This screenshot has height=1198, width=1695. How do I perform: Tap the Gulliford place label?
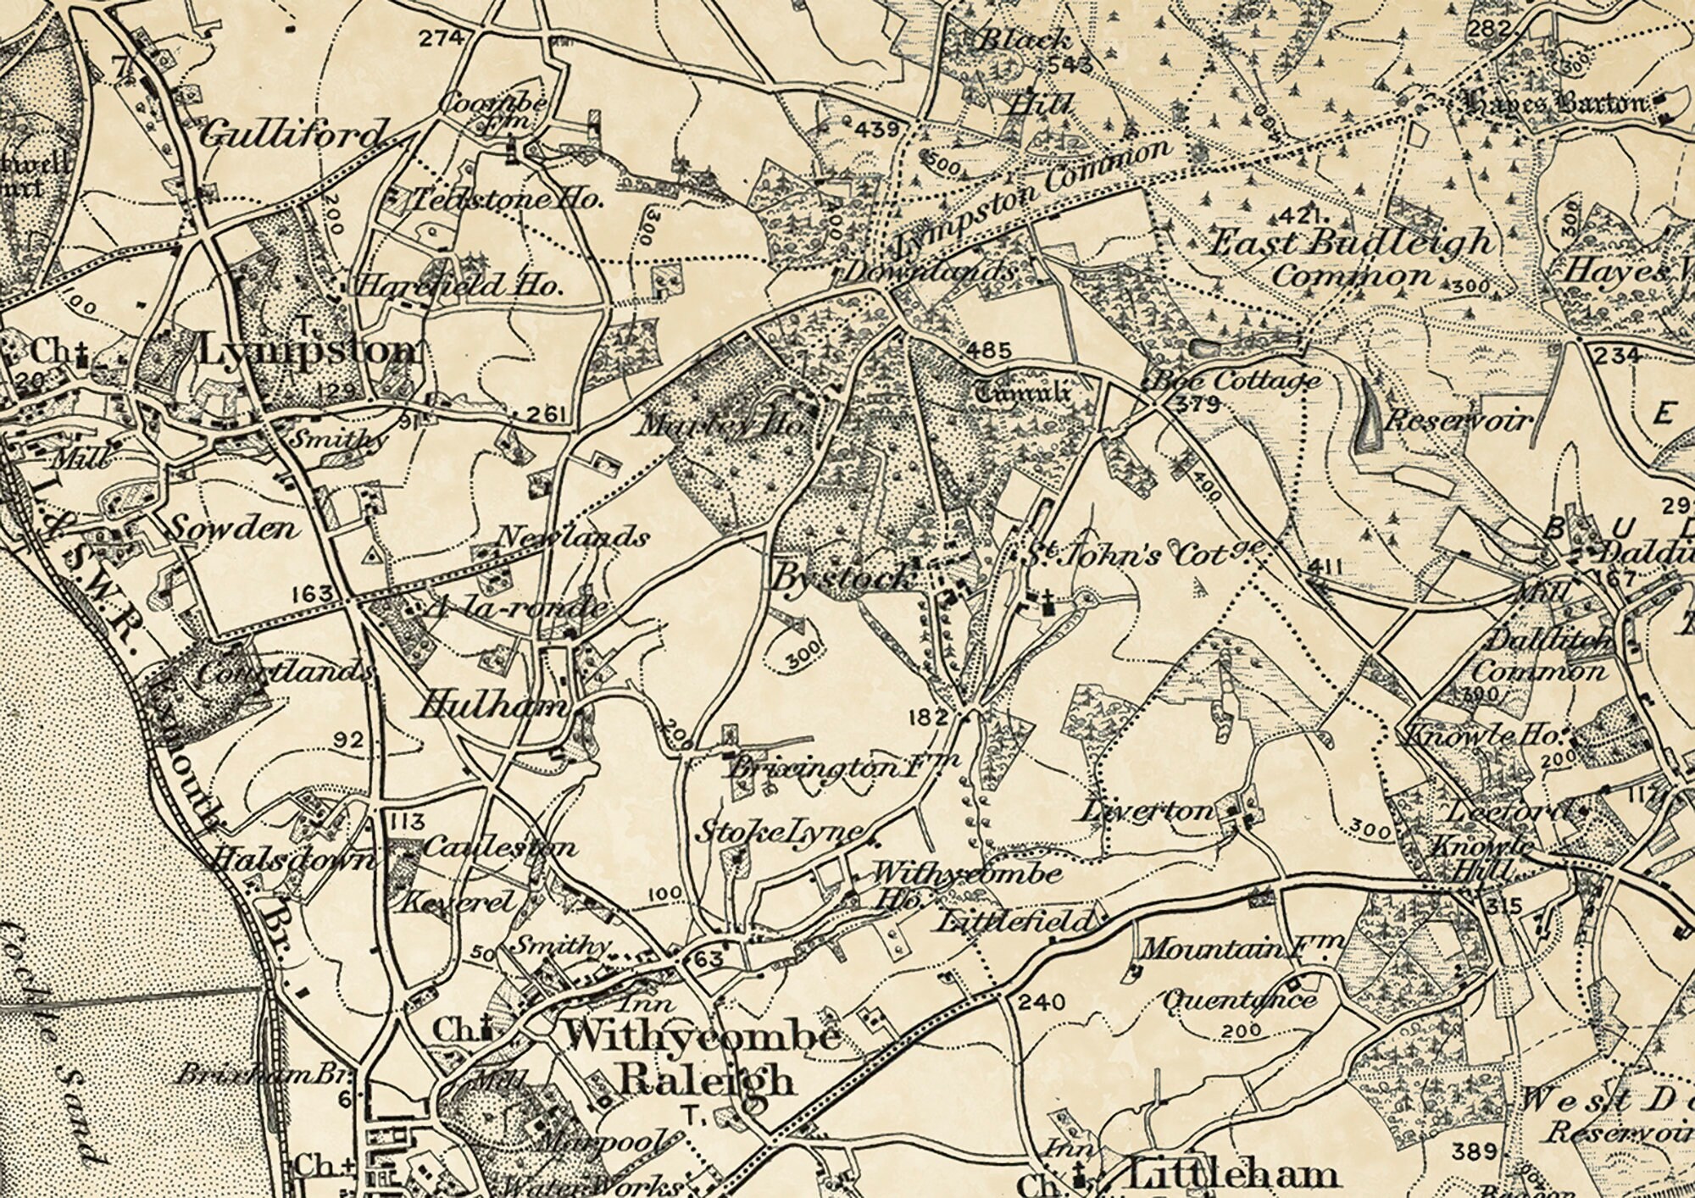click(x=292, y=135)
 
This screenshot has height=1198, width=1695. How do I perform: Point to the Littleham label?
click(x=1233, y=1175)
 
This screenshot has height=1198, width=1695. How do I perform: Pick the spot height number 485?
click(x=988, y=350)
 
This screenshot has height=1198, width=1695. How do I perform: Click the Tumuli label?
click(x=1022, y=392)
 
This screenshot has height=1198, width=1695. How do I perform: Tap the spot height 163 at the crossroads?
click(x=312, y=594)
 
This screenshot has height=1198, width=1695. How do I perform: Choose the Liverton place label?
click(x=1146, y=811)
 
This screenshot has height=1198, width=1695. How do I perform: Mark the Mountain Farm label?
click(x=1241, y=948)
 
